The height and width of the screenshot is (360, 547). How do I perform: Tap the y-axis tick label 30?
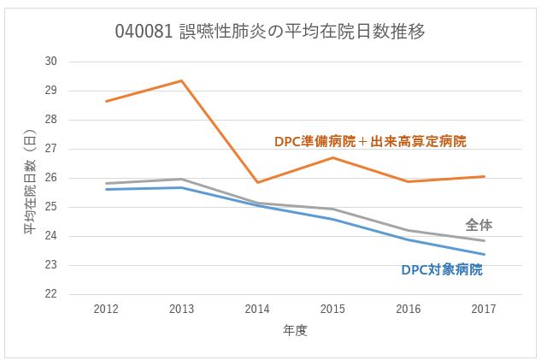(50, 62)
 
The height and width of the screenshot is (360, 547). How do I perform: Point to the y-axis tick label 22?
(50, 294)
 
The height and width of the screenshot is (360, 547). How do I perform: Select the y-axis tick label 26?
(50, 178)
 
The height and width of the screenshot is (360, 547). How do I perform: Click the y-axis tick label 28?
(50, 120)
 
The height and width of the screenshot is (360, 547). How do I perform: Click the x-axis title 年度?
(295, 329)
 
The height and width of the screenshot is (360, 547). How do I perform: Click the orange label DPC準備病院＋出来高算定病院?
(370, 141)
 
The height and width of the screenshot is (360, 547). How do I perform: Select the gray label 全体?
(479, 225)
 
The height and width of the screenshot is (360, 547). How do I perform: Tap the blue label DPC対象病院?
(442, 269)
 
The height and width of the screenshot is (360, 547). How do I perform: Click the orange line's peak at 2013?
(181, 80)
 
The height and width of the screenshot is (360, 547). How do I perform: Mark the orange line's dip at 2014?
(256, 182)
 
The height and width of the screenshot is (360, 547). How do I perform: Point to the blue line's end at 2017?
(485, 254)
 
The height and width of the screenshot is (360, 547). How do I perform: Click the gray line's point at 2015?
(332, 209)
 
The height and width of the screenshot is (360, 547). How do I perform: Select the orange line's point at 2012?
(105, 101)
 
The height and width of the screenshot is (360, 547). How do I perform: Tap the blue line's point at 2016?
(409, 239)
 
